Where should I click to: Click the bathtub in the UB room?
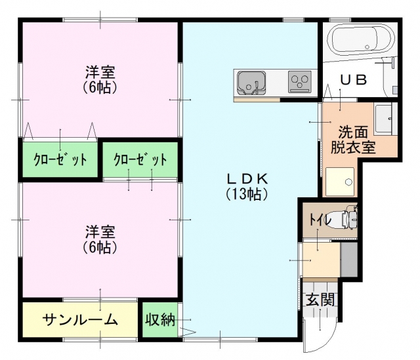point(363,39)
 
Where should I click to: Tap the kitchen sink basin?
point(251,83)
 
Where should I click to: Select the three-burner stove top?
point(300,81)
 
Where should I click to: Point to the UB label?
point(353,80)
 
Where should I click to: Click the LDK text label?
point(247,179)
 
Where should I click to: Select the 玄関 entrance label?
point(320,299)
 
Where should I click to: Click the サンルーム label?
point(80,319)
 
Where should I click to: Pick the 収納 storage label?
point(160,319)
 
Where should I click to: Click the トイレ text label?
point(320,220)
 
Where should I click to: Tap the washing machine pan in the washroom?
point(340,182)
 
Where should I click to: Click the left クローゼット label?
point(60,159)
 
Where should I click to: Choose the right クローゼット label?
point(140,159)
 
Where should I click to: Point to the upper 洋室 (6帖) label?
point(100,79)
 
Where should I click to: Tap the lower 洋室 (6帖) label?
point(100,239)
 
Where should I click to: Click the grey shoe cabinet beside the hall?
point(349,260)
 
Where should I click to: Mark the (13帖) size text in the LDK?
point(247,194)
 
